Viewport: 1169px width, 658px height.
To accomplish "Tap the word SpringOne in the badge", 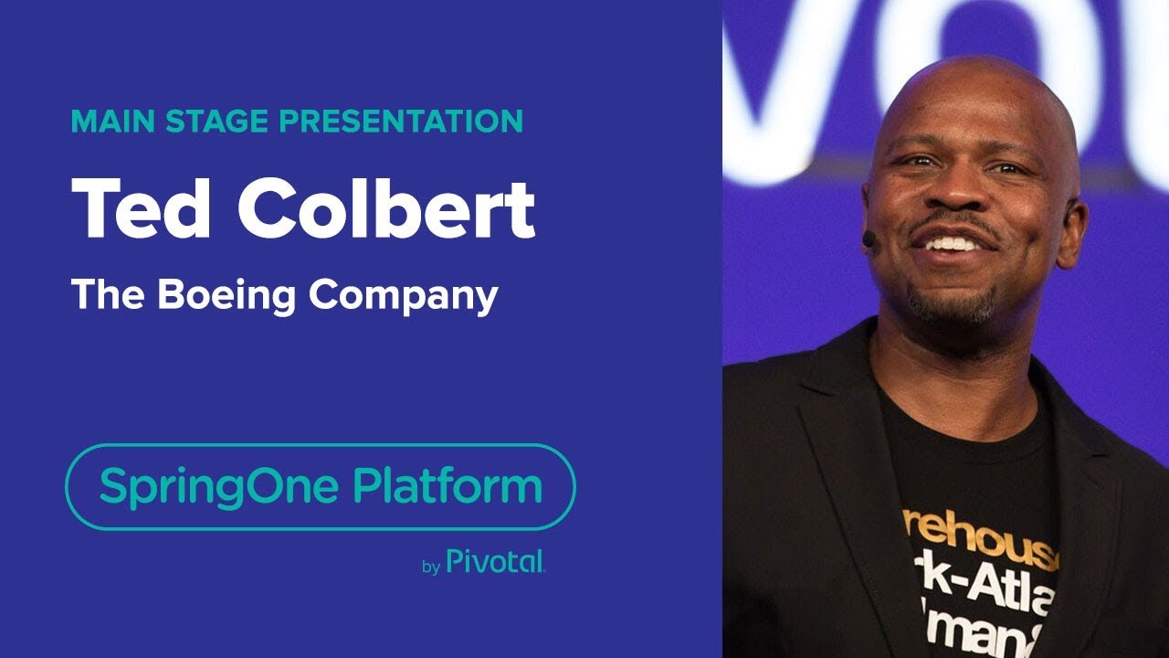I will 220,487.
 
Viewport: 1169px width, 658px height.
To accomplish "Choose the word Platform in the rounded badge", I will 448,486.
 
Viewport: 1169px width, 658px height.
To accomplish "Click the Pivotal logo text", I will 495,562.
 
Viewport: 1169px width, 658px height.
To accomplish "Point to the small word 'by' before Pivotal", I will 431,567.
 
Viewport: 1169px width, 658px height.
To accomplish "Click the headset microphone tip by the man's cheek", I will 869,239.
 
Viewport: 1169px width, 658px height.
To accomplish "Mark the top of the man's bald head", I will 977,73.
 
